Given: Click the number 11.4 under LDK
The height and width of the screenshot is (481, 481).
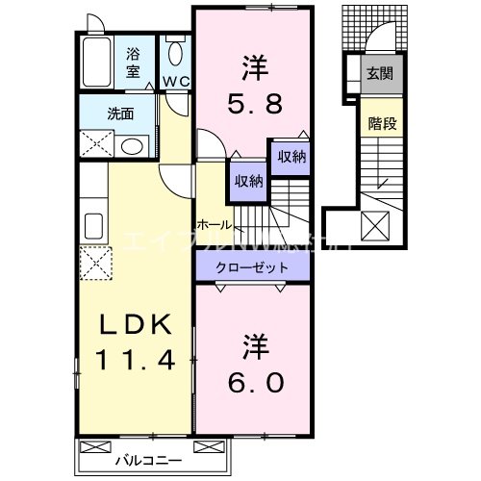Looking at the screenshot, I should tap(135, 362).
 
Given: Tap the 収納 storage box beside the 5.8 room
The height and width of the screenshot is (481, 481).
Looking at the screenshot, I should tap(291, 157).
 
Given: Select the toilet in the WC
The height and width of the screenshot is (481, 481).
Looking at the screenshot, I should tap(175, 53).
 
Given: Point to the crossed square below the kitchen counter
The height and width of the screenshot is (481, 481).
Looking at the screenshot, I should tap(93, 261).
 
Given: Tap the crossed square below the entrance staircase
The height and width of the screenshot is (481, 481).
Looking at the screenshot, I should tap(373, 226).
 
